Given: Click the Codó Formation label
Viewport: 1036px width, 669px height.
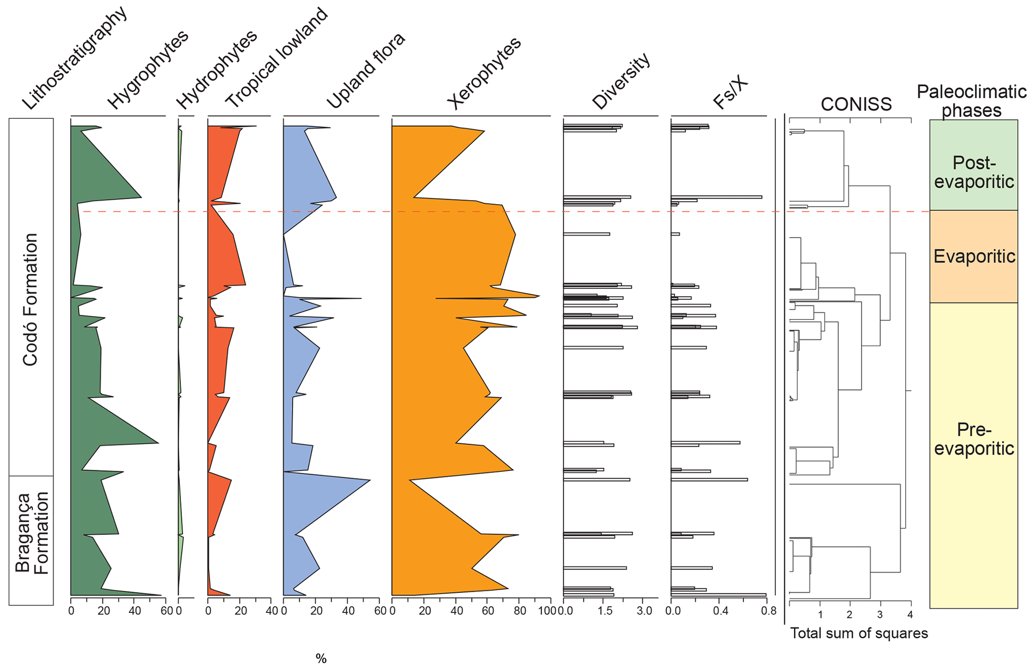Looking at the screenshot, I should (30, 299).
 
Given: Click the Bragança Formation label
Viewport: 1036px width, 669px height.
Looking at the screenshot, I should (32, 533).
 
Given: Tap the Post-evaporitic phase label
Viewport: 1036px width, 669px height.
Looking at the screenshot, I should (974, 172).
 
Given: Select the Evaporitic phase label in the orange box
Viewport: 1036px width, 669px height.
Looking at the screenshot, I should (974, 256).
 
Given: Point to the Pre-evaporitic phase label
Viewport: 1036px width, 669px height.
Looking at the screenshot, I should (974, 439).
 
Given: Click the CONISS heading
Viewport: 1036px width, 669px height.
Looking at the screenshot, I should (856, 104).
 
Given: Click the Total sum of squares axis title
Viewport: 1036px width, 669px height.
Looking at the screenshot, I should (859, 633).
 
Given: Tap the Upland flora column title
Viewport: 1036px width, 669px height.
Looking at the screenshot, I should (366, 71).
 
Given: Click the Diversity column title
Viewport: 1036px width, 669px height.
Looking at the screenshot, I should (621, 81).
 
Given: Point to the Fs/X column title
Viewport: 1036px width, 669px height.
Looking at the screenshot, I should (730, 94).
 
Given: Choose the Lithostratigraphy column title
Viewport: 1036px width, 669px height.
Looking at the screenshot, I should (75, 59).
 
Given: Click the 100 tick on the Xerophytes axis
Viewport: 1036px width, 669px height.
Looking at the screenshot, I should (550, 611).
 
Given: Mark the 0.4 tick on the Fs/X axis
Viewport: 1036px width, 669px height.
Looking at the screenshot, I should (720, 611).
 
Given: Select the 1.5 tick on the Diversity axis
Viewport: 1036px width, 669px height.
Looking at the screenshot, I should (605, 611).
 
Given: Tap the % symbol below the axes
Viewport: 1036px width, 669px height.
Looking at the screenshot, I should (321, 658).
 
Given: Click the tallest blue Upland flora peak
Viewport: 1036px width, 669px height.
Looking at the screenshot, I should (369, 480).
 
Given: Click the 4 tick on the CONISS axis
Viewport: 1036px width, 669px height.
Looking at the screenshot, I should (910, 615).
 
